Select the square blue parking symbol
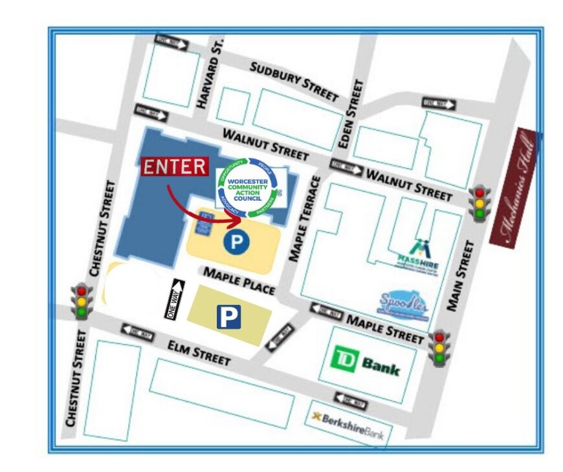228,317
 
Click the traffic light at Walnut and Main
480,203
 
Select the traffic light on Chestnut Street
82,301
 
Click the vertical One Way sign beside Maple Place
175,299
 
